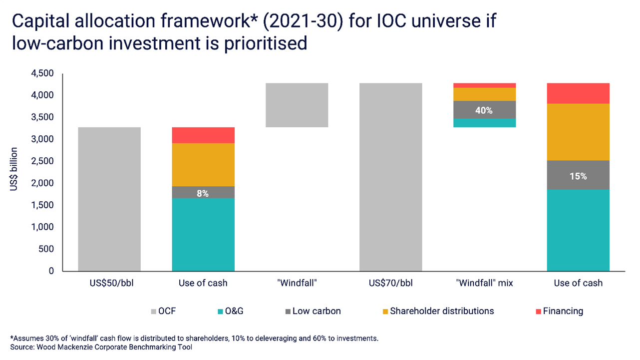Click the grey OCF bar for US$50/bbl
pyautogui.click(x=109, y=199)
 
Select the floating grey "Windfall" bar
pyautogui.click(x=297, y=105)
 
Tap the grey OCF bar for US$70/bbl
pyautogui.click(x=390, y=177)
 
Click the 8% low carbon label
pyautogui.click(x=203, y=193)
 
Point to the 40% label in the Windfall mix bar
pyautogui.click(x=484, y=110)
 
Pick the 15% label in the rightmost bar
pyautogui.click(x=578, y=176)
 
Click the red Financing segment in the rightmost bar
pyautogui.click(x=578, y=93)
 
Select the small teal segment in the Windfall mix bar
pyautogui.click(x=484, y=123)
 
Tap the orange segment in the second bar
pyautogui.click(x=203, y=165)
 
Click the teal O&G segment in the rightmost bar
pyautogui.click(x=578, y=230)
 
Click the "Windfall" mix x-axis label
pyautogui.click(x=484, y=283)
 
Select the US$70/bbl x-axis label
pyautogui.click(x=390, y=283)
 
